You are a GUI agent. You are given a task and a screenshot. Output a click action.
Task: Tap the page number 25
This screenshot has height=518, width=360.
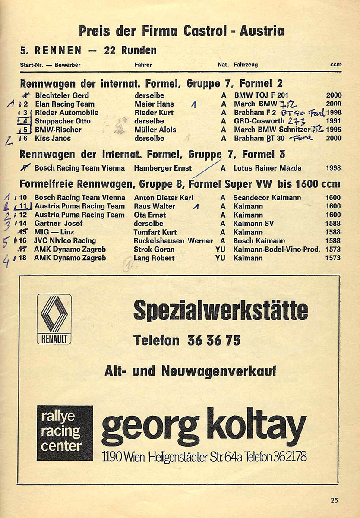[334, 500]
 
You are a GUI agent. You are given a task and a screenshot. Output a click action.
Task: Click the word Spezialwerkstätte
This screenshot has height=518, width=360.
[221, 310]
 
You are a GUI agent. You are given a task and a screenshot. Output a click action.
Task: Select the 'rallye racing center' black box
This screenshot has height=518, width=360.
[65, 433]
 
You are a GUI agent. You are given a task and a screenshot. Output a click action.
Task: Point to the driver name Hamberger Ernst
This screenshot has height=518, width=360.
[163, 168]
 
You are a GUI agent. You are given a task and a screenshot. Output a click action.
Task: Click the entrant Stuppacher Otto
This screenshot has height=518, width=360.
[63, 121]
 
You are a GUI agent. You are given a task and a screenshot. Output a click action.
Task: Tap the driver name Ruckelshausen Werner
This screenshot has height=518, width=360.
[173, 241]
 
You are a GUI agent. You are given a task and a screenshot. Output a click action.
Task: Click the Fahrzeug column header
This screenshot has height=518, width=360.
[246, 65]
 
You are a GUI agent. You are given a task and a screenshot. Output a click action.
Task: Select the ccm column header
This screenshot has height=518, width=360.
[336, 65]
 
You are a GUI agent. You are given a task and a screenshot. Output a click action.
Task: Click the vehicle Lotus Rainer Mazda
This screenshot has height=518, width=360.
[267, 168]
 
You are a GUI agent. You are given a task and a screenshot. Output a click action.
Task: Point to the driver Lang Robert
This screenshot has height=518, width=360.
[154, 258]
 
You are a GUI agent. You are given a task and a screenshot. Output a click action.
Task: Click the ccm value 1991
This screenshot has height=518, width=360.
[334, 121]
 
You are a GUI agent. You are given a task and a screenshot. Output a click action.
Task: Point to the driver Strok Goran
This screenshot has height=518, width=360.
[154, 249]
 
